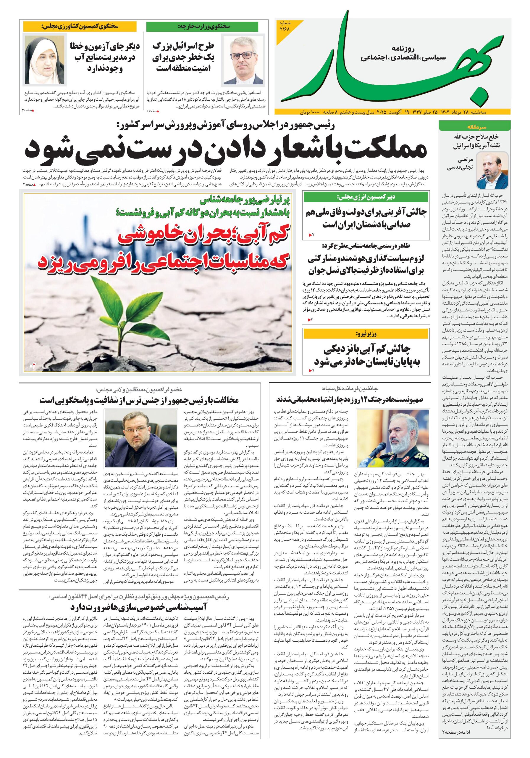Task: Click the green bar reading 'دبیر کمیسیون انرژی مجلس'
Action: tap(366, 197)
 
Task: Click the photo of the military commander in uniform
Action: tap(393, 437)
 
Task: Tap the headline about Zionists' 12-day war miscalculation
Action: tap(350, 400)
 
